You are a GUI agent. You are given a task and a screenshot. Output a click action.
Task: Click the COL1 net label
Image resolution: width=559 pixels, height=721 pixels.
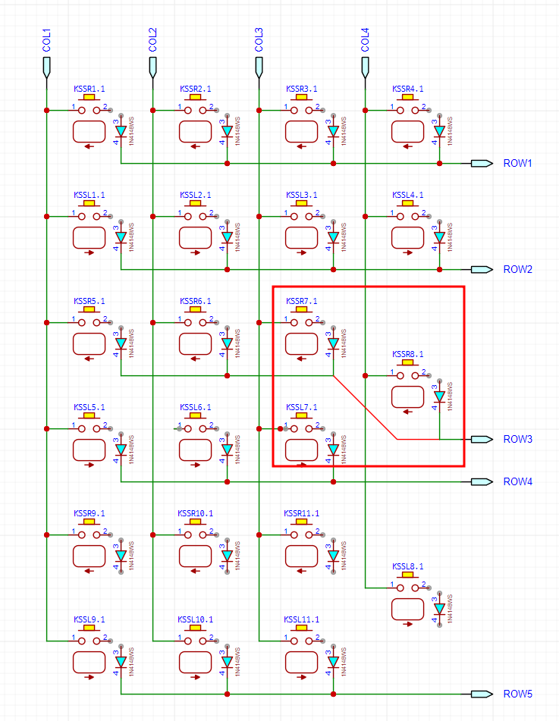(x=47, y=40)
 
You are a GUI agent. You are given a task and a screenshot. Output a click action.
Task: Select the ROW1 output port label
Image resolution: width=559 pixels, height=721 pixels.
(x=519, y=163)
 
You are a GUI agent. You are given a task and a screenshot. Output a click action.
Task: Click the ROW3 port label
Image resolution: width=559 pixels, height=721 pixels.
(x=519, y=439)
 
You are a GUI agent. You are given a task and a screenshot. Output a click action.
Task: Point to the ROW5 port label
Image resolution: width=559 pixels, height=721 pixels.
(x=519, y=694)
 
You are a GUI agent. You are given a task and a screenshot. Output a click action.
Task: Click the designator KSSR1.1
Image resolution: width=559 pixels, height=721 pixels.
(x=89, y=89)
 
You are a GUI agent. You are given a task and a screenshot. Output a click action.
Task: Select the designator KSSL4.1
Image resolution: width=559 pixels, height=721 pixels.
(x=407, y=195)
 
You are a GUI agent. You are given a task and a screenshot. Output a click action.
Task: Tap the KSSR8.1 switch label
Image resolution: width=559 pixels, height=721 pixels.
(x=407, y=354)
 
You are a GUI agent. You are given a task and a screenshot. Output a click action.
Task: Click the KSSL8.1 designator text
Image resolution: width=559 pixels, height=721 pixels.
(x=407, y=566)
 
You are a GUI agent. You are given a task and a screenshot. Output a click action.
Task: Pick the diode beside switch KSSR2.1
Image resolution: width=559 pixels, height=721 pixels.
(x=227, y=130)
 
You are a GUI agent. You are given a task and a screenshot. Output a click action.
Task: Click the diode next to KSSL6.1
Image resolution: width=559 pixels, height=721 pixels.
(x=227, y=449)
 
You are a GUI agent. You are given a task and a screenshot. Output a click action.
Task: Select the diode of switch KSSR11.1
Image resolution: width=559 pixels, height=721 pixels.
(x=333, y=555)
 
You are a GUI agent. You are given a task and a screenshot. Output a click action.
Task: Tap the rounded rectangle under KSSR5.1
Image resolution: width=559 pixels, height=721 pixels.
(x=89, y=343)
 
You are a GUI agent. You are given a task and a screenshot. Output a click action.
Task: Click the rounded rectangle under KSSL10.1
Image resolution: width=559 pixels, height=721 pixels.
(x=195, y=662)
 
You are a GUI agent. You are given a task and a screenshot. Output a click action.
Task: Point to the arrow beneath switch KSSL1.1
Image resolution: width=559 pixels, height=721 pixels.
(x=90, y=252)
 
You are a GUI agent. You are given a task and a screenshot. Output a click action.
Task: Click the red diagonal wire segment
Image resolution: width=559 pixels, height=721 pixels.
(x=365, y=407)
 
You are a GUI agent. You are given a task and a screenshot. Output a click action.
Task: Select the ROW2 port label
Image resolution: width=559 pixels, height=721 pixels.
(x=519, y=269)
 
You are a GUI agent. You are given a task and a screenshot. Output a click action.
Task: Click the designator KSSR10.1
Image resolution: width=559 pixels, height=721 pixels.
(x=195, y=513)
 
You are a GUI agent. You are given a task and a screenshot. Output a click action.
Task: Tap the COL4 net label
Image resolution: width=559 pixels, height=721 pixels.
(x=366, y=40)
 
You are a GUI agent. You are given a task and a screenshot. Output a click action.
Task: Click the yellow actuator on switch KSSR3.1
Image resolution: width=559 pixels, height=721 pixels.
(x=301, y=98)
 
